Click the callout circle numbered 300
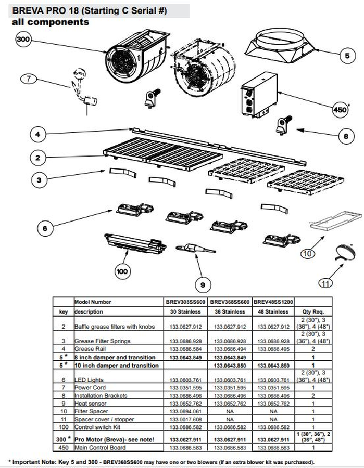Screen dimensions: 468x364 (23, 40)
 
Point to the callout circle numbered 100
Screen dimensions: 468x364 (123, 270)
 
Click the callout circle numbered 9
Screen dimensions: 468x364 (203, 284)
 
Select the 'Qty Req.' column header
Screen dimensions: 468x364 (313, 311)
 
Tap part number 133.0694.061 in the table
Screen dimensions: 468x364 (186, 411)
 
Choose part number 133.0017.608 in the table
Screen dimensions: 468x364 (186, 419)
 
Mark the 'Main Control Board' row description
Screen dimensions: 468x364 (100, 447)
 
